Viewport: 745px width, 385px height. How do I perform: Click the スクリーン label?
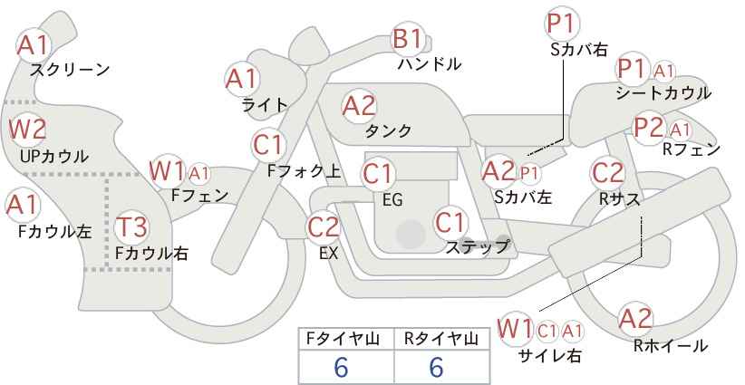(x=70, y=70)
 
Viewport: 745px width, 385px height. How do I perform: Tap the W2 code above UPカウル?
(x=28, y=129)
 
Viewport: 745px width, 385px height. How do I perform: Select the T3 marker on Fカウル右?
(x=131, y=226)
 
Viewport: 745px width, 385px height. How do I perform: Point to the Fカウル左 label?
(x=54, y=231)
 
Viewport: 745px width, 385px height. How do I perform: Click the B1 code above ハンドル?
(x=407, y=38)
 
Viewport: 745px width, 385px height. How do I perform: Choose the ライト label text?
(x=265, y=105)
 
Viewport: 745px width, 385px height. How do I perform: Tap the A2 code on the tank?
(x=359, y=106)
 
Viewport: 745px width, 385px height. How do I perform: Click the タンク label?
(x=388, y=130)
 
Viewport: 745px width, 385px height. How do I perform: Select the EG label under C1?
(x=392, y=200)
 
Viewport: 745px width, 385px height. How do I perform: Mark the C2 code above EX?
(x=324, y=226)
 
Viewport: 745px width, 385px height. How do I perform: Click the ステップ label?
(x=478, y=247)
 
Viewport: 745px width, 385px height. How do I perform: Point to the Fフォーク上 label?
(x=305, y=171)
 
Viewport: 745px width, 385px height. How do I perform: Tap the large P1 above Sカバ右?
(x=563, y=24)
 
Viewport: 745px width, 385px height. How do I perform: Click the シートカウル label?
(x=663, y=93)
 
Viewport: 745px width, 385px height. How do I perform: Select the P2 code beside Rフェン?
(x=649, y=128)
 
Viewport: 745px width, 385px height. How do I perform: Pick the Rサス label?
(x=620, y=199)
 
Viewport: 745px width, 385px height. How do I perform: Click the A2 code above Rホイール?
(x=635, y=319)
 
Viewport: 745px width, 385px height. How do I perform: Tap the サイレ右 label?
(x=550, y=356)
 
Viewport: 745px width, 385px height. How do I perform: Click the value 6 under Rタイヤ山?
(x=436, y=367)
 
